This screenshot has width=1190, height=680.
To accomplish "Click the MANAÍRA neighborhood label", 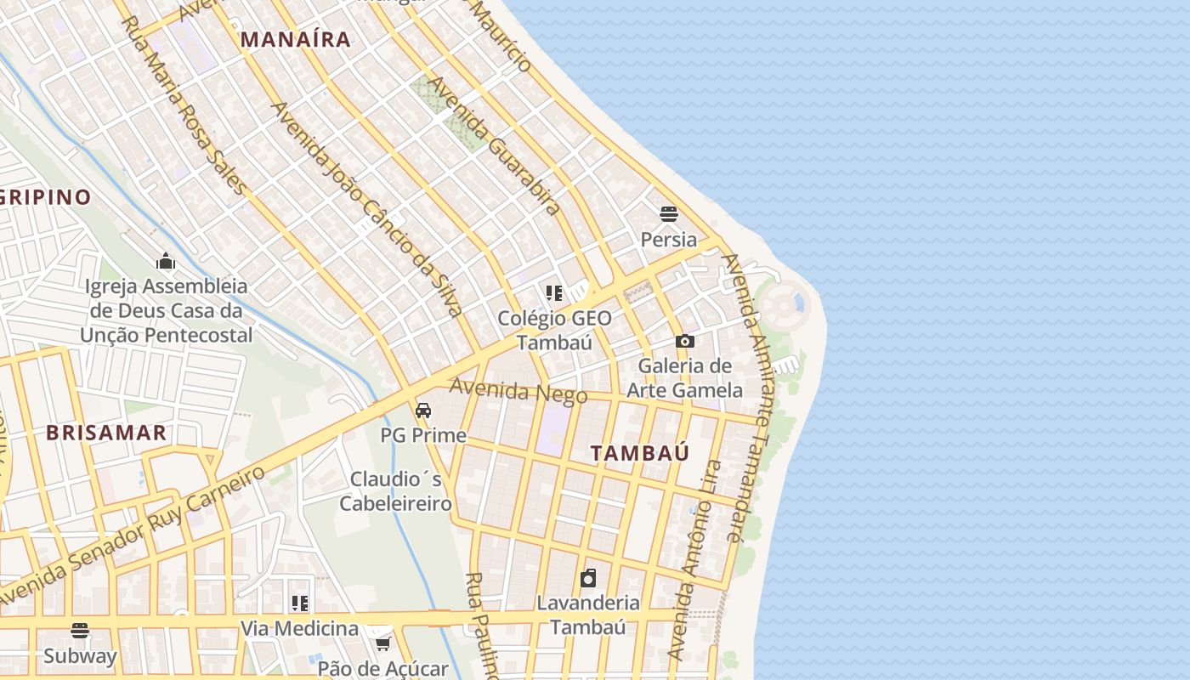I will coord(295,39).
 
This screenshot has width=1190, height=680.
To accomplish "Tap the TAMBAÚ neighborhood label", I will coord(640,453).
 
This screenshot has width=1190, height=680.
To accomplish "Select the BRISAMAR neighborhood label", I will coord(106,433).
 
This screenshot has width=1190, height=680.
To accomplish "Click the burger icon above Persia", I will coord(669,212).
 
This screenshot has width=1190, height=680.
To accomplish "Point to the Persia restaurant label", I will coord(669,240).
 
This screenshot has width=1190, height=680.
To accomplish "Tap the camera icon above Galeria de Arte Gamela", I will coord(684,341).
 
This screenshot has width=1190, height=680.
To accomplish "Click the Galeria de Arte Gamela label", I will coord(684,378).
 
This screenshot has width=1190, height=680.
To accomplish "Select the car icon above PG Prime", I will coord(422,411).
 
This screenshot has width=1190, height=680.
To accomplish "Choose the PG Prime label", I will coord(422,435).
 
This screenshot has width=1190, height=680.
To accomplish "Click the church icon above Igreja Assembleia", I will coord(166,261).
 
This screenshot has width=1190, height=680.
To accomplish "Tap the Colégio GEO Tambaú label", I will coord(554,331).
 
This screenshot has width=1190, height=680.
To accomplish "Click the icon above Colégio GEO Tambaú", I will coord(554,293).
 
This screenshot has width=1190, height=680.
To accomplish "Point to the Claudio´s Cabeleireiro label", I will coord(395,491).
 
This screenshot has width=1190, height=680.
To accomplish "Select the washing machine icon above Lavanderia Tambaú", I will coord(587,579).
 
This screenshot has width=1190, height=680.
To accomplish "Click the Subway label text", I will coord(80,656).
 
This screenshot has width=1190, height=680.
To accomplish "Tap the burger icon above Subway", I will coord(80,630).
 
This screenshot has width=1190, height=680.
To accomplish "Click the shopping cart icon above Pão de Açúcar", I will coord(382,643).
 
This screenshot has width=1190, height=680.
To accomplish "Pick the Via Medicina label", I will coord(299,629).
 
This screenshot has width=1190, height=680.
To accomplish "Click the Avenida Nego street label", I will coord(518,391).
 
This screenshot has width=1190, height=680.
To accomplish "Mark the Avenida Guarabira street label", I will coord(494,144).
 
